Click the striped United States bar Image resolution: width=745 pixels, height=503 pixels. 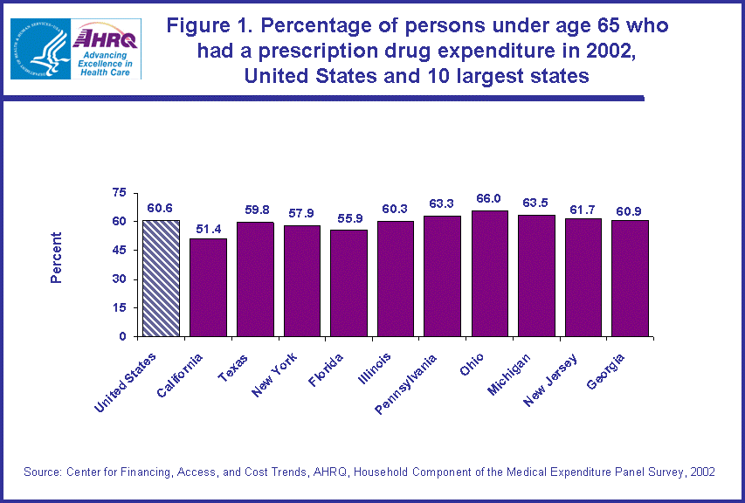coord(161,279)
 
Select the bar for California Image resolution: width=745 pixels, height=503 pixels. coord(208,287)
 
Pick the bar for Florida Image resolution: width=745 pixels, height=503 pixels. coord(348,283)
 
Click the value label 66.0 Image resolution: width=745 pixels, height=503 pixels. coord(490,200)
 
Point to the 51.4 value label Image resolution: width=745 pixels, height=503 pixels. coord(208,228)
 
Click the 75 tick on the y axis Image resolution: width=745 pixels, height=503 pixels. coord(119,193)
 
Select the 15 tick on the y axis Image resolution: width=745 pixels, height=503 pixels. coord(119,307)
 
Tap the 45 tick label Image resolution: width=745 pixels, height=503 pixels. coord(119,251)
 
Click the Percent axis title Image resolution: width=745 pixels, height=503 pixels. coord(57,258)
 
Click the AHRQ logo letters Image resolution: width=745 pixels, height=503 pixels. coord(106,38)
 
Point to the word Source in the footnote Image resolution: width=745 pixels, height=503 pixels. coord(42,472)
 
